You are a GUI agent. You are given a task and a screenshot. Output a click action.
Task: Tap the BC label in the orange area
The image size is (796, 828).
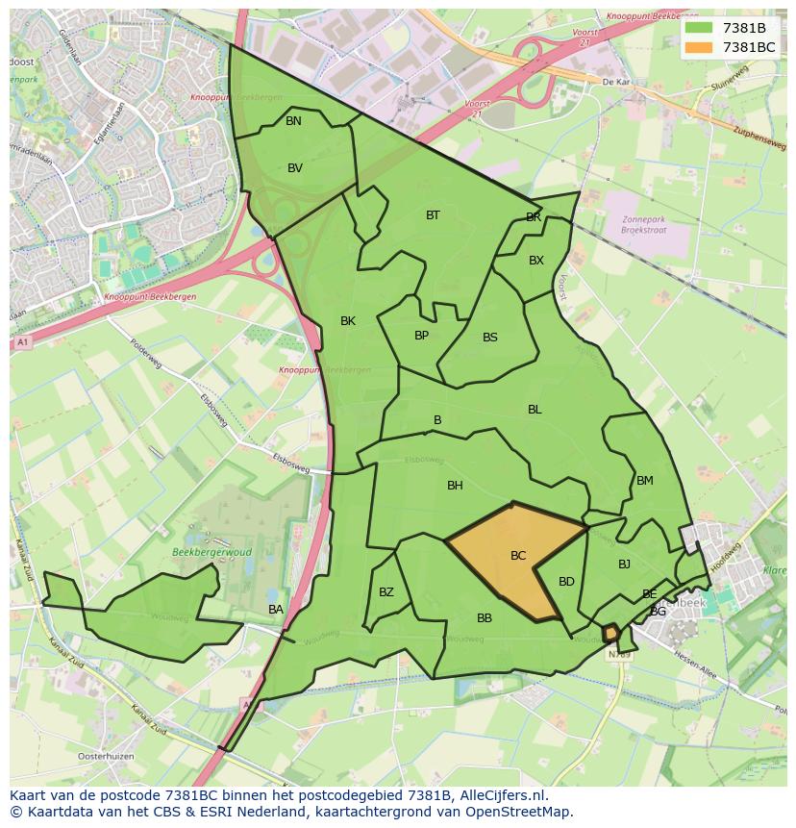click(x=518, y=556)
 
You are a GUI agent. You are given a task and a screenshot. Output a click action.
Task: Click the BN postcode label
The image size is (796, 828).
click(x=293, y=121)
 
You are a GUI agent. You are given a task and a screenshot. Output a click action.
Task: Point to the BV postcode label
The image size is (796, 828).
click(x=295, y=168)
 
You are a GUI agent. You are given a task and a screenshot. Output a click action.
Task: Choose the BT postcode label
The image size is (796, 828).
click(x=433, y=215)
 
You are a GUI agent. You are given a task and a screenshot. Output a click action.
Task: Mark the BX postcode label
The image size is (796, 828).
click(x=536, y=261)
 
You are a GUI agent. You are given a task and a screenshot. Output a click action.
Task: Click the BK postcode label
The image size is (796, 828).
click(x=348, y=321)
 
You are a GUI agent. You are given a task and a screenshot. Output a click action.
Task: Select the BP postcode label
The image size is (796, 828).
click(x=421, y=336)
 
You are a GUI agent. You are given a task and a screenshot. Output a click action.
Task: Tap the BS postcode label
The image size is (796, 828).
click(x=490, y=338)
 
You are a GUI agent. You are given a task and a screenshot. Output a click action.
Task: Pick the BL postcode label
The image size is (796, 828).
click(x=535, y=410)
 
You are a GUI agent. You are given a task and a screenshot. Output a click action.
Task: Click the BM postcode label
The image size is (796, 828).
click(x=645, y=481)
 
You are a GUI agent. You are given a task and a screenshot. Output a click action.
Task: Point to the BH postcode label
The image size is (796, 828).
click(x=455, y=486)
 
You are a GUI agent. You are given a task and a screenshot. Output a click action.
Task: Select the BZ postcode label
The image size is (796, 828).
click(x=386, y=592)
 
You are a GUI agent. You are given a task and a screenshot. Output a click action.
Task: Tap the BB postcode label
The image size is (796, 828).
click(x=485, y=618)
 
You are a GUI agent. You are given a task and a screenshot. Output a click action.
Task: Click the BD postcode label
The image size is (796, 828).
click(x=566, y=582)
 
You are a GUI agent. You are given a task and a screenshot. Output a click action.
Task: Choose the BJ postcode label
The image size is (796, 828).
click(x=624, y=565)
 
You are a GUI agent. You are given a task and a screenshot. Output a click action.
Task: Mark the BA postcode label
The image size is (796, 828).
click(x=276, y=610)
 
